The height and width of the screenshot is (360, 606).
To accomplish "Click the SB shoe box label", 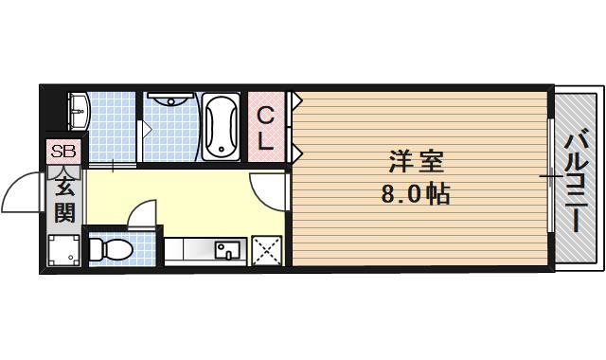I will [x=64, y=152].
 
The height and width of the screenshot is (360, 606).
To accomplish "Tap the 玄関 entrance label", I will [x=64, y=199].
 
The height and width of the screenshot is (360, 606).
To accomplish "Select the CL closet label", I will [x=267, y=130].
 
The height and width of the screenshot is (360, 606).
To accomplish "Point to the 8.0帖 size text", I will [x=415, y=195].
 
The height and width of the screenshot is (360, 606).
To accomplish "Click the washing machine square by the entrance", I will [x=64, y=251].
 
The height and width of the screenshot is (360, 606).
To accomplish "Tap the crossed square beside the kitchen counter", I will [x=267, y=251].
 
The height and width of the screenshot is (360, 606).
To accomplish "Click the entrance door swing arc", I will [x=22, y=194].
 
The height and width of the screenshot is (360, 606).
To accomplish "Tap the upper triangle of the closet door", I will [x=296, y=99].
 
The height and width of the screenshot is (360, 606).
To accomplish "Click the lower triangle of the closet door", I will [x=296, y=152].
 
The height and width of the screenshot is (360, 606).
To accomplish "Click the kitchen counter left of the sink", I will [x=189, y=251].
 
